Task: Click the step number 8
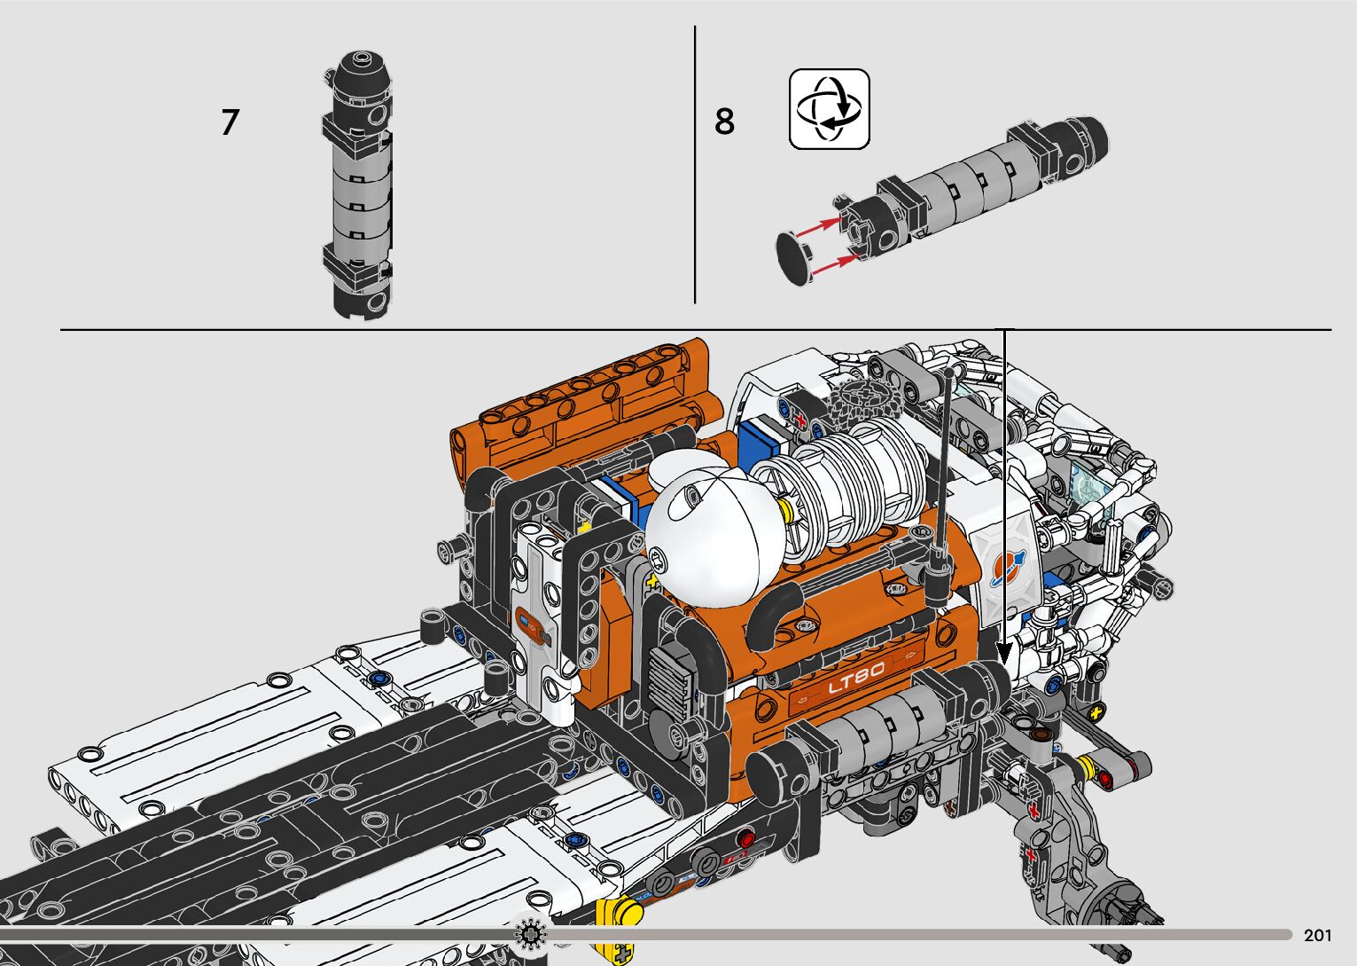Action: click(x=724, y=122)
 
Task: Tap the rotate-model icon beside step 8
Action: click(x=830, y=109)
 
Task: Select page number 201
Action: click(x=1318, y=936)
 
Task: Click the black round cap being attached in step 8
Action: click(x=794, y=259)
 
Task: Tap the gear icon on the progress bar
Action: click(x=530, y=934)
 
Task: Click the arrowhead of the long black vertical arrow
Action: click(x=1004, y=654)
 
